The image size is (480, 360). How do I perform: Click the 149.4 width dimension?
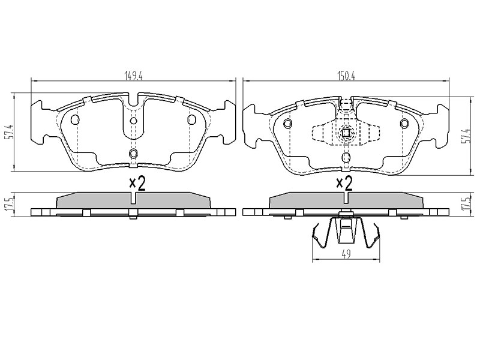click(x=133, y=76)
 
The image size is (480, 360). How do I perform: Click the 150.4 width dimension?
click(x=346, y=76)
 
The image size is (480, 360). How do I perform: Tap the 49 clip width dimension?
click(x=346, y=254)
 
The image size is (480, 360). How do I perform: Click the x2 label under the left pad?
click(x=137, y=184)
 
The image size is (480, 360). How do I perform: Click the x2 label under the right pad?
click(x=344, y=184)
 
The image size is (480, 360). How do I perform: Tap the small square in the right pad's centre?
click(x=346, y=133)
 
